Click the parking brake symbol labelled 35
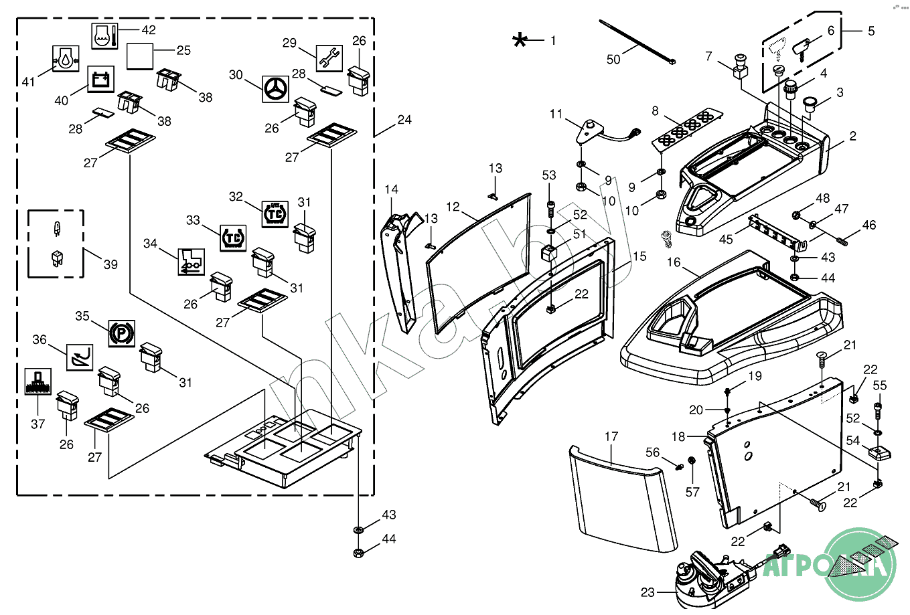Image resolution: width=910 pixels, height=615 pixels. click(121, 333)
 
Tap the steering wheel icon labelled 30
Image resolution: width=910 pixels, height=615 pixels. click(275, 89)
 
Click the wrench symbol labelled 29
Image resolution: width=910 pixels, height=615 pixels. click(329, 59)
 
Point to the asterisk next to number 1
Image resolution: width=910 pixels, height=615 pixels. click(520, 40)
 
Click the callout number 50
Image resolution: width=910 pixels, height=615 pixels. click(613, 60)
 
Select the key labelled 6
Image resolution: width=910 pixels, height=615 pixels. click(802, 49)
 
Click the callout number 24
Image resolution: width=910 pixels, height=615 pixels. click(404, 120)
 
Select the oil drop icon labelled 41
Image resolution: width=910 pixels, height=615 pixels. click(66, 59)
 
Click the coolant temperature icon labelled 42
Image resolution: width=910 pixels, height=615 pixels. click(104, 35)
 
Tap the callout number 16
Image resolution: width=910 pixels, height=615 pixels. click(674, 262)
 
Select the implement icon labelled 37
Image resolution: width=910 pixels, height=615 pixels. click(37, 381)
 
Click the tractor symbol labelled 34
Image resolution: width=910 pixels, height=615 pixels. click(190, 261)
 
